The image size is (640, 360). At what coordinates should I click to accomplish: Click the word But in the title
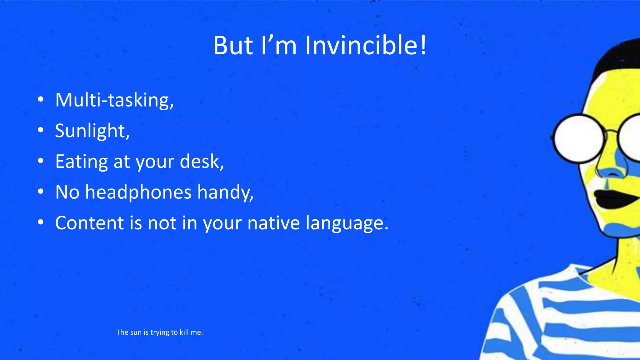(233, 46)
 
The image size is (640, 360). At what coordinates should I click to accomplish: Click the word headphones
(138, 192)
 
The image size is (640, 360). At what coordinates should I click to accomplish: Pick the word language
(346, 223)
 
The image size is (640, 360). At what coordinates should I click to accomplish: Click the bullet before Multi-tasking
(40, 100)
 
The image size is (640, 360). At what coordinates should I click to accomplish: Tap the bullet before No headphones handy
(40, 192)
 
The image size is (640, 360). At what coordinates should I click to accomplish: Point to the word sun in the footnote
(136, 332)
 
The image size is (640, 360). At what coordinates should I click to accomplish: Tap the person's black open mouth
(614, 199)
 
